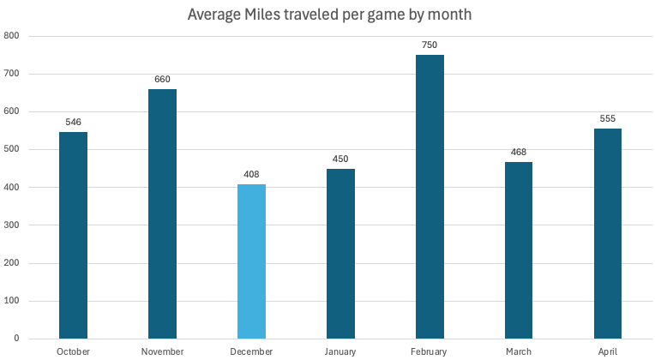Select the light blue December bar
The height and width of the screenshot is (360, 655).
click(x=251, y=261)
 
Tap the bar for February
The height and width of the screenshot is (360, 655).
click(x=430, y=197)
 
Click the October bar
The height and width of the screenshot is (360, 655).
click(x=73, y=236)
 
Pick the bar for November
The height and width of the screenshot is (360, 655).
click(x=162, y=214)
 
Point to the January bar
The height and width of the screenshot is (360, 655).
click(x=340, y=254)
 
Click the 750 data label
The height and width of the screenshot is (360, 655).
click(x=430, y=45)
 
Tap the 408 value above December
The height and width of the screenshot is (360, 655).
click(x=251, y=174)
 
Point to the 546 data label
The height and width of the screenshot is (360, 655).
click(x=73, y=122)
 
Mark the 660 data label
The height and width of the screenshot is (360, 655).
click(x=162, y=79)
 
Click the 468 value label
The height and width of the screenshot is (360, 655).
click(x=519, y=152)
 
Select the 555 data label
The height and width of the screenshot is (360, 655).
click(x=608, y=118)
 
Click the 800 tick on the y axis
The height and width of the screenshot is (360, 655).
click(x=12, y=36)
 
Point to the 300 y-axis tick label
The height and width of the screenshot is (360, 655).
click(x=12, y=225)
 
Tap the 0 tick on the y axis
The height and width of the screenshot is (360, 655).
click(x=18, y=338)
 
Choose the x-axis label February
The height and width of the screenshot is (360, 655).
click(x=430, y=351)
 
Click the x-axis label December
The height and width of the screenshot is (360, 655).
click(x=251, y=351)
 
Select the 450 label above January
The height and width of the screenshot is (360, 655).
click(x=340, y=159)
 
